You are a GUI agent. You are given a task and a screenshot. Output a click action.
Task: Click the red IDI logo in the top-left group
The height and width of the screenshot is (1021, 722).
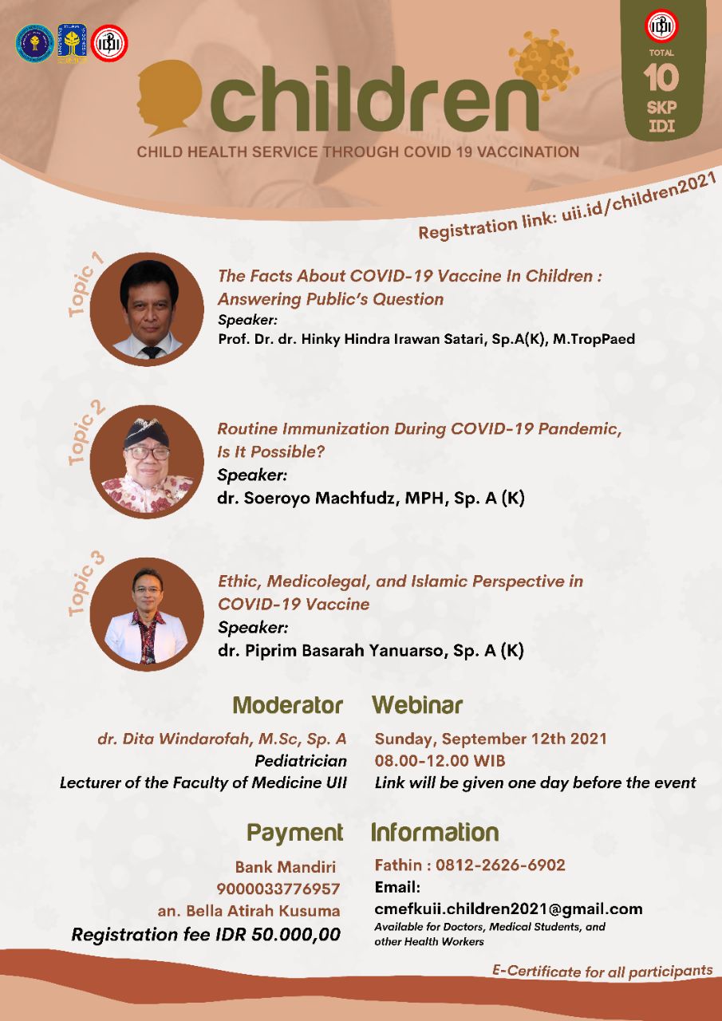pos(109,43)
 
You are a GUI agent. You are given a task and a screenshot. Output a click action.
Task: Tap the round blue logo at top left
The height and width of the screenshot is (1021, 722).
pos(34,43)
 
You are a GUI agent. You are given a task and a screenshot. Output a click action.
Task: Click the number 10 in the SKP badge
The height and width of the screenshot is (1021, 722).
pos(661,78)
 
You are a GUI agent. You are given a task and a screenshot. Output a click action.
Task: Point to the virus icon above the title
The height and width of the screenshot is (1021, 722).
pos(543,62)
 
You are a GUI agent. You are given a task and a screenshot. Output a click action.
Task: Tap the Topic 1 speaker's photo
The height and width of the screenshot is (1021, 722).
pos(147,309)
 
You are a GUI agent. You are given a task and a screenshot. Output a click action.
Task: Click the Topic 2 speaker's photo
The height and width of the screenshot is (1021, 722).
pos(147,462)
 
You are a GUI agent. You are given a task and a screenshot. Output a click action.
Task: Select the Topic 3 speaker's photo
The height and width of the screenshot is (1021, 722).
pos(147,614)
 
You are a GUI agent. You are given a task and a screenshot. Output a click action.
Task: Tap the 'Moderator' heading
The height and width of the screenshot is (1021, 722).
pos(288,705)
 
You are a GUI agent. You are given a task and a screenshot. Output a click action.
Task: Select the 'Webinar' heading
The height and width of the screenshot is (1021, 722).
pos(417,705)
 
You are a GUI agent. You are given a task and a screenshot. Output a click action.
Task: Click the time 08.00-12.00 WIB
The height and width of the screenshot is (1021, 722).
pos(440,760)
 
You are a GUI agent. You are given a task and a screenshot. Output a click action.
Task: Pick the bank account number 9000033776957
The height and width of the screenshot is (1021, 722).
pos(278,889)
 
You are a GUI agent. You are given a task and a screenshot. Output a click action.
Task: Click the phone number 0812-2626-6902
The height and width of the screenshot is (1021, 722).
pos(500,865)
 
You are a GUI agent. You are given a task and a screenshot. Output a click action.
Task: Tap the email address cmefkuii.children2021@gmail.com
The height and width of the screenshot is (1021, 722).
pos(508,909)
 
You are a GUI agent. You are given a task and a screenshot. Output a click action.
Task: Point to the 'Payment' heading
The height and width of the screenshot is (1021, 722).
pos(295,833)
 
